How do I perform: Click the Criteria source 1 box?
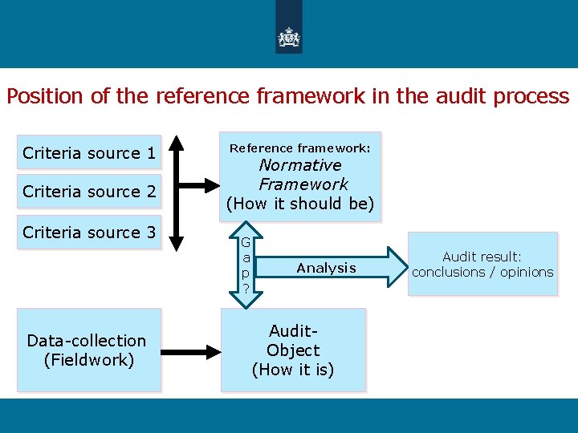pyautogui.click(x=89, y=152)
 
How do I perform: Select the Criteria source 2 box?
pyautogui.click(x=89, y=192)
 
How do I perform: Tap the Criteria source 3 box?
pyautogui.click(x=89, y=233)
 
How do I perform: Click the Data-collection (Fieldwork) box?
pyautogui.click(x=87, y=350)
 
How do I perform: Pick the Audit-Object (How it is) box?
pyautogui.click(x=293, y=350)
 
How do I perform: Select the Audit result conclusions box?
pyautogui.click(x=482, y=264)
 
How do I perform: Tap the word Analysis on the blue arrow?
pyautogui.click(x=326, y=268)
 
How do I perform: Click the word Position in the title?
pyautogui.click(x=44, y=96)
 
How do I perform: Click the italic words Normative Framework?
pyautogui.click(x=300, y=174)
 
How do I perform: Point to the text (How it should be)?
pyautogui.click(x=300, y=204)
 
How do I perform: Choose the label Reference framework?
pyautogui.click(x=300, y=148)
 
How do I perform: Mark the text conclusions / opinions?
pyautogui.click(x=482, y=272)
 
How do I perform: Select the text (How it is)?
pyautogui.click(x=293, y=370)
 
